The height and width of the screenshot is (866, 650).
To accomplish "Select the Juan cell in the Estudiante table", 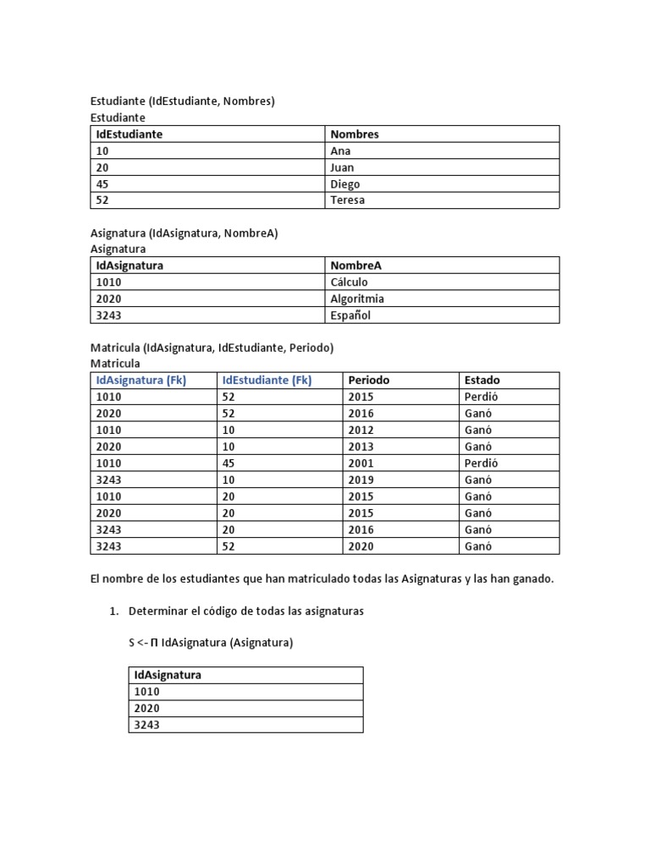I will [342, 167].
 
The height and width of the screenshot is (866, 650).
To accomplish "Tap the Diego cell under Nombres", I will [344, 184].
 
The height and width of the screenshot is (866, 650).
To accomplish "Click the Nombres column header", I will [355, 134].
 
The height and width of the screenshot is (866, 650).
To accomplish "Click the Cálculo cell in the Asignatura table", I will [349, 282].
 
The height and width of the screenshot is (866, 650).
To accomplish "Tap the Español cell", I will [350, 315].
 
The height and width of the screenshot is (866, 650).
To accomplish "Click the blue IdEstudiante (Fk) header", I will [267, 380].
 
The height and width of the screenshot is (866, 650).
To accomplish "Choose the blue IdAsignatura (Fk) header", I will [141, 380].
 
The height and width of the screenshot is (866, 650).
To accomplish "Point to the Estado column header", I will [482, 380].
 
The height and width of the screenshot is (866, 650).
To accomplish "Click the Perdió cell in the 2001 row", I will [482, 463].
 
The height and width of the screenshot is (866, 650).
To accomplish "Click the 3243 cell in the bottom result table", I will [146, 725].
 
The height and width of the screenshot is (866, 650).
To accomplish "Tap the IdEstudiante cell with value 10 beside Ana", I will [102, 151].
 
